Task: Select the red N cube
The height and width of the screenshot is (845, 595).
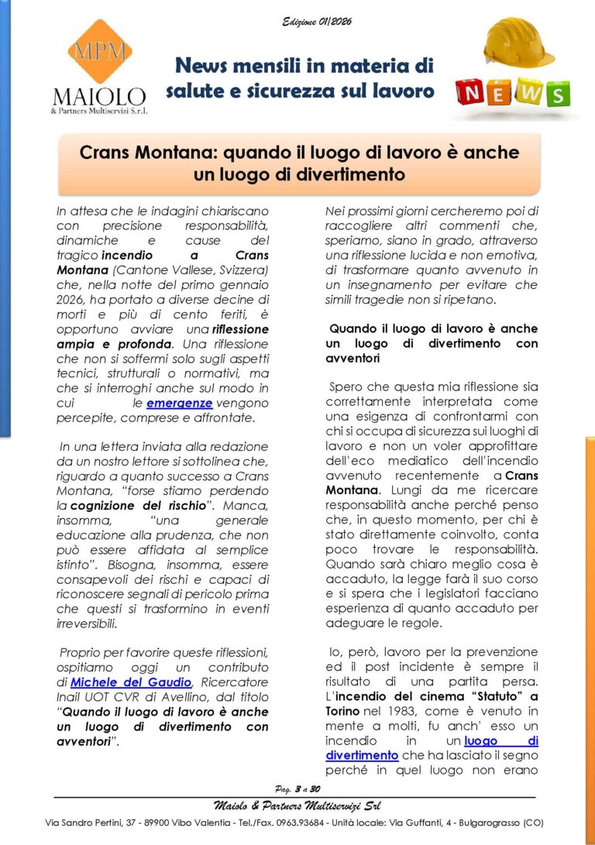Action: (x=473, y=92)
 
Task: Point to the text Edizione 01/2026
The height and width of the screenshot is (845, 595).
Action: (x=316, y=22)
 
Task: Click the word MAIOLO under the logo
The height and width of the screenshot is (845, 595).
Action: (x=98, y=97)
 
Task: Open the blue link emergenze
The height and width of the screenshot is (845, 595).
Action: (x=180, y=404)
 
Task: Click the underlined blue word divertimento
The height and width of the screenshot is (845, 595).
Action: (x=362, y=755)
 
